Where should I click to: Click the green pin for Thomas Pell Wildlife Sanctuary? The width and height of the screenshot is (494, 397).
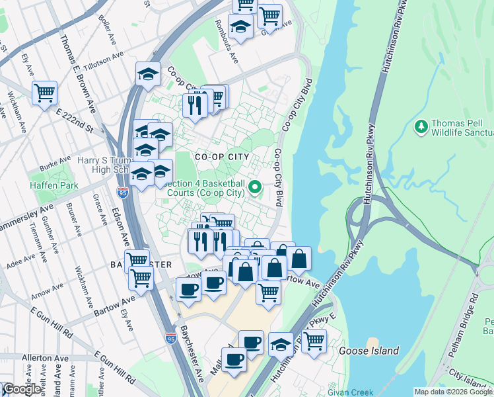(421, 125)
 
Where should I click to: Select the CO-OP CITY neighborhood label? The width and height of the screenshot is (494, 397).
(222, 157)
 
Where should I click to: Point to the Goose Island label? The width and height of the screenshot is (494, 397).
(369, 351)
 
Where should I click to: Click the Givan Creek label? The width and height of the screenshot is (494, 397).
(353, 392)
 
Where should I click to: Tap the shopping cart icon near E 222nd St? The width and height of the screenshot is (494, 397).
(44, 93)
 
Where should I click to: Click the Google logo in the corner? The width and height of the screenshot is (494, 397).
(22, 389)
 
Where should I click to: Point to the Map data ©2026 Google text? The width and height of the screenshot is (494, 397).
(453, 392)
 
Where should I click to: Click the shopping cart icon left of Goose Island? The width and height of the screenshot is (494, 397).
(314, 341)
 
